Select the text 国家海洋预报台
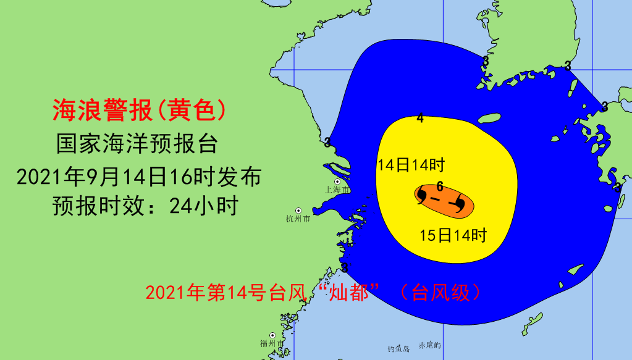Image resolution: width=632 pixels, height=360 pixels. coord(137,144)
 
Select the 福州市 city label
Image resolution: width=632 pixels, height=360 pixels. coord(272,343)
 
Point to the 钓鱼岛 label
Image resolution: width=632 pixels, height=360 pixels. coord(398,349)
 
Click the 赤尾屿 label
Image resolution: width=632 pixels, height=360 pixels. coord(430,346)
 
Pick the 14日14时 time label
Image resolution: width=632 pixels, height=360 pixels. coord(411,165)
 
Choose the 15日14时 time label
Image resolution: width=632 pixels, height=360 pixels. coord(453,235)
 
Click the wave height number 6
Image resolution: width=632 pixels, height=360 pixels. coord(439,186)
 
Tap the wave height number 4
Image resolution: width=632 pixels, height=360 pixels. coord(420,118)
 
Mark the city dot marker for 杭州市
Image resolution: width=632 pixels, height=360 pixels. coord(298,211)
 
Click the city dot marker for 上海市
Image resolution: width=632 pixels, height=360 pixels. coord(337,182)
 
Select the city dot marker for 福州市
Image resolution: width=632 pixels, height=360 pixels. coord(272,335)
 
